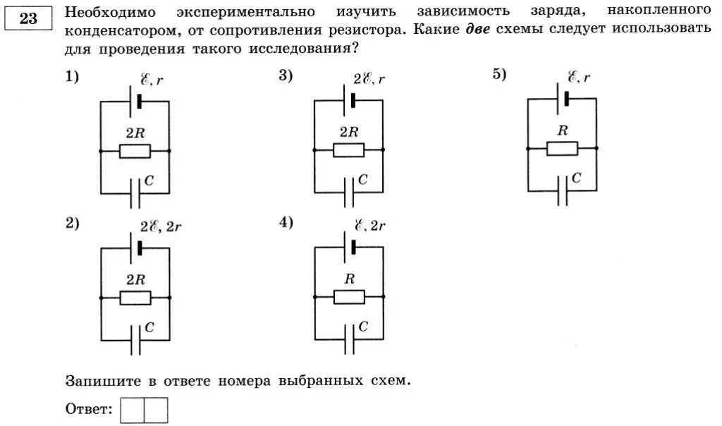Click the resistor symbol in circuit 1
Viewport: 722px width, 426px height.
coord(135,151)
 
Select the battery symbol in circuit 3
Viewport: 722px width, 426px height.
coord(349,101)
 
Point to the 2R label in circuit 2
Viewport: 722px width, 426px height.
coord(135,279)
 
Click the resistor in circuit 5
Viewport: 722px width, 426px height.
coord(562,148)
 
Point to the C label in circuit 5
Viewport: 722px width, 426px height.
coord(577,179)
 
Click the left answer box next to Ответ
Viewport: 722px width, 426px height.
coord(132,410)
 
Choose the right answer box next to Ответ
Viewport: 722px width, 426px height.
coord(156,410)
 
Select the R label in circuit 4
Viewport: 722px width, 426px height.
coord(349,279)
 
